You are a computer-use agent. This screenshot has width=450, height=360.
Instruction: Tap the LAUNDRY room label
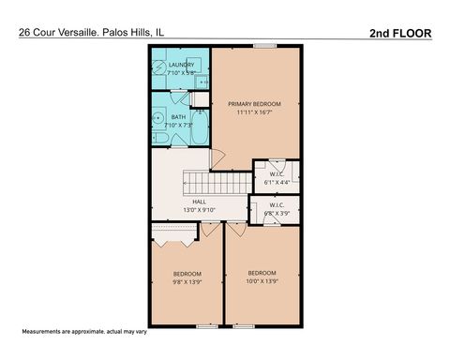click(181, 65)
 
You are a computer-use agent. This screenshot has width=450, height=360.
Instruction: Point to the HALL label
click(199, 202)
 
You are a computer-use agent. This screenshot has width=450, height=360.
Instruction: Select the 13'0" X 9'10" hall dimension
click(199, 211)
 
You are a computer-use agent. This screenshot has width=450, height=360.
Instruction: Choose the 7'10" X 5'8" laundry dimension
click(181, 72)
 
